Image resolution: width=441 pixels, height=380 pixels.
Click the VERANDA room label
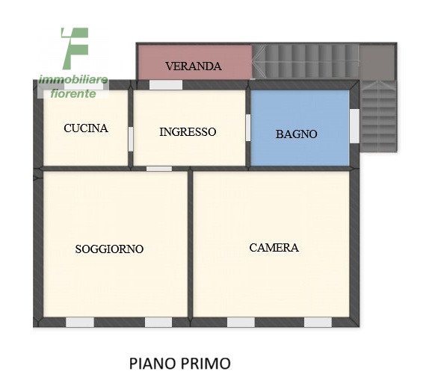(194, 66)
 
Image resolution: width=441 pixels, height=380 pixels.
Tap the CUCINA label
(86, 128)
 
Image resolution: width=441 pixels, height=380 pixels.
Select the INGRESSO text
(188, 131)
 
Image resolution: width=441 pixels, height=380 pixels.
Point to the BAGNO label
(297, 134)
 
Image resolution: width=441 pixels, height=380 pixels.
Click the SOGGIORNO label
(109, 249)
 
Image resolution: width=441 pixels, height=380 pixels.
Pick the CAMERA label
(274, 247)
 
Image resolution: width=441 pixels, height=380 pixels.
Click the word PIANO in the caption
(152, 364)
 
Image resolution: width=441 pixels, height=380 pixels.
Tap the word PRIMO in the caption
(205, 364)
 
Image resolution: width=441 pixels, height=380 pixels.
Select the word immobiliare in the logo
(73, 80)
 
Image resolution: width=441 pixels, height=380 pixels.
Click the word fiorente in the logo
(73, 93)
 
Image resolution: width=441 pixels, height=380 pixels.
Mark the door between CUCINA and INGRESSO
(130, 137)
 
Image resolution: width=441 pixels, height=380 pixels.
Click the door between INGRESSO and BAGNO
(248, 126)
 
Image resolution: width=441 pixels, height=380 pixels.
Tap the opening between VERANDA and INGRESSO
(165, 85)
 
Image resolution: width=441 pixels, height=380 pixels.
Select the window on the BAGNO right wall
(354, 125)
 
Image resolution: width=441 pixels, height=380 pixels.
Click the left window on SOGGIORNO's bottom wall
(80, 323)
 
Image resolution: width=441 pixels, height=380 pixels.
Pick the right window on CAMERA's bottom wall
(317, 323)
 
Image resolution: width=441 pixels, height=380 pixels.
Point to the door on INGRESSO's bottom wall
(158, 169)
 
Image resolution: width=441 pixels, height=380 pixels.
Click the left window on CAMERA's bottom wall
(240, 323)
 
